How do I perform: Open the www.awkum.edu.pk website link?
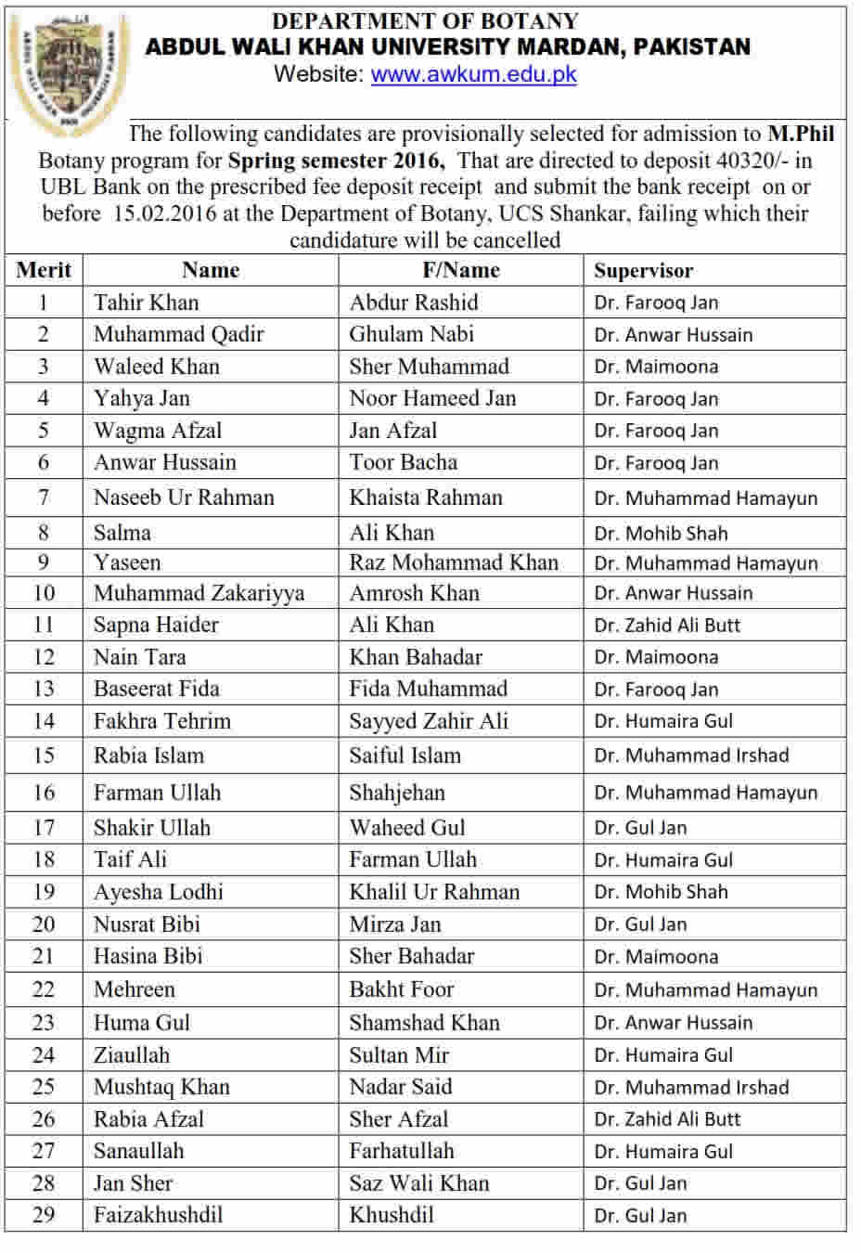pos(473,74)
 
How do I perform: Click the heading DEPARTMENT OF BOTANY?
pos(425,20)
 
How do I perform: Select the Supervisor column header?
pos(643,271)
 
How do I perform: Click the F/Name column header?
pos(461,270)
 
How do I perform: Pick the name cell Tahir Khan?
pos(146,303)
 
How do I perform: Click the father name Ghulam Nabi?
pos(411,334)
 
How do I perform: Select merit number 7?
pos(44,497)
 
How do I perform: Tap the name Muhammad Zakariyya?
pos(199,593)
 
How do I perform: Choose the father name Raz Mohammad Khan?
pos(454,562)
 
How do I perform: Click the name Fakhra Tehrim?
pos(161,721)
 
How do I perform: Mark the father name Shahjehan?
pos(397,793)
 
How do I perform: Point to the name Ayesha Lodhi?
pos(158,892)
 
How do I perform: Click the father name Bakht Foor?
pos(401,989)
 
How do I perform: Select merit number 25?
pos(44,1087)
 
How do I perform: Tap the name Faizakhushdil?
pos(158,1215)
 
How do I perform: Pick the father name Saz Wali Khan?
pos(418,1183)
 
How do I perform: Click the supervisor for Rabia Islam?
pos(691,756)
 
